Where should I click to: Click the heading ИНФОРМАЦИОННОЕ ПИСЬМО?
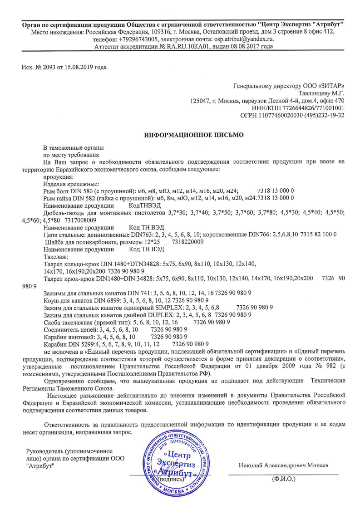(194, 135)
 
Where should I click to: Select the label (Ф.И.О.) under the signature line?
(283, 479)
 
